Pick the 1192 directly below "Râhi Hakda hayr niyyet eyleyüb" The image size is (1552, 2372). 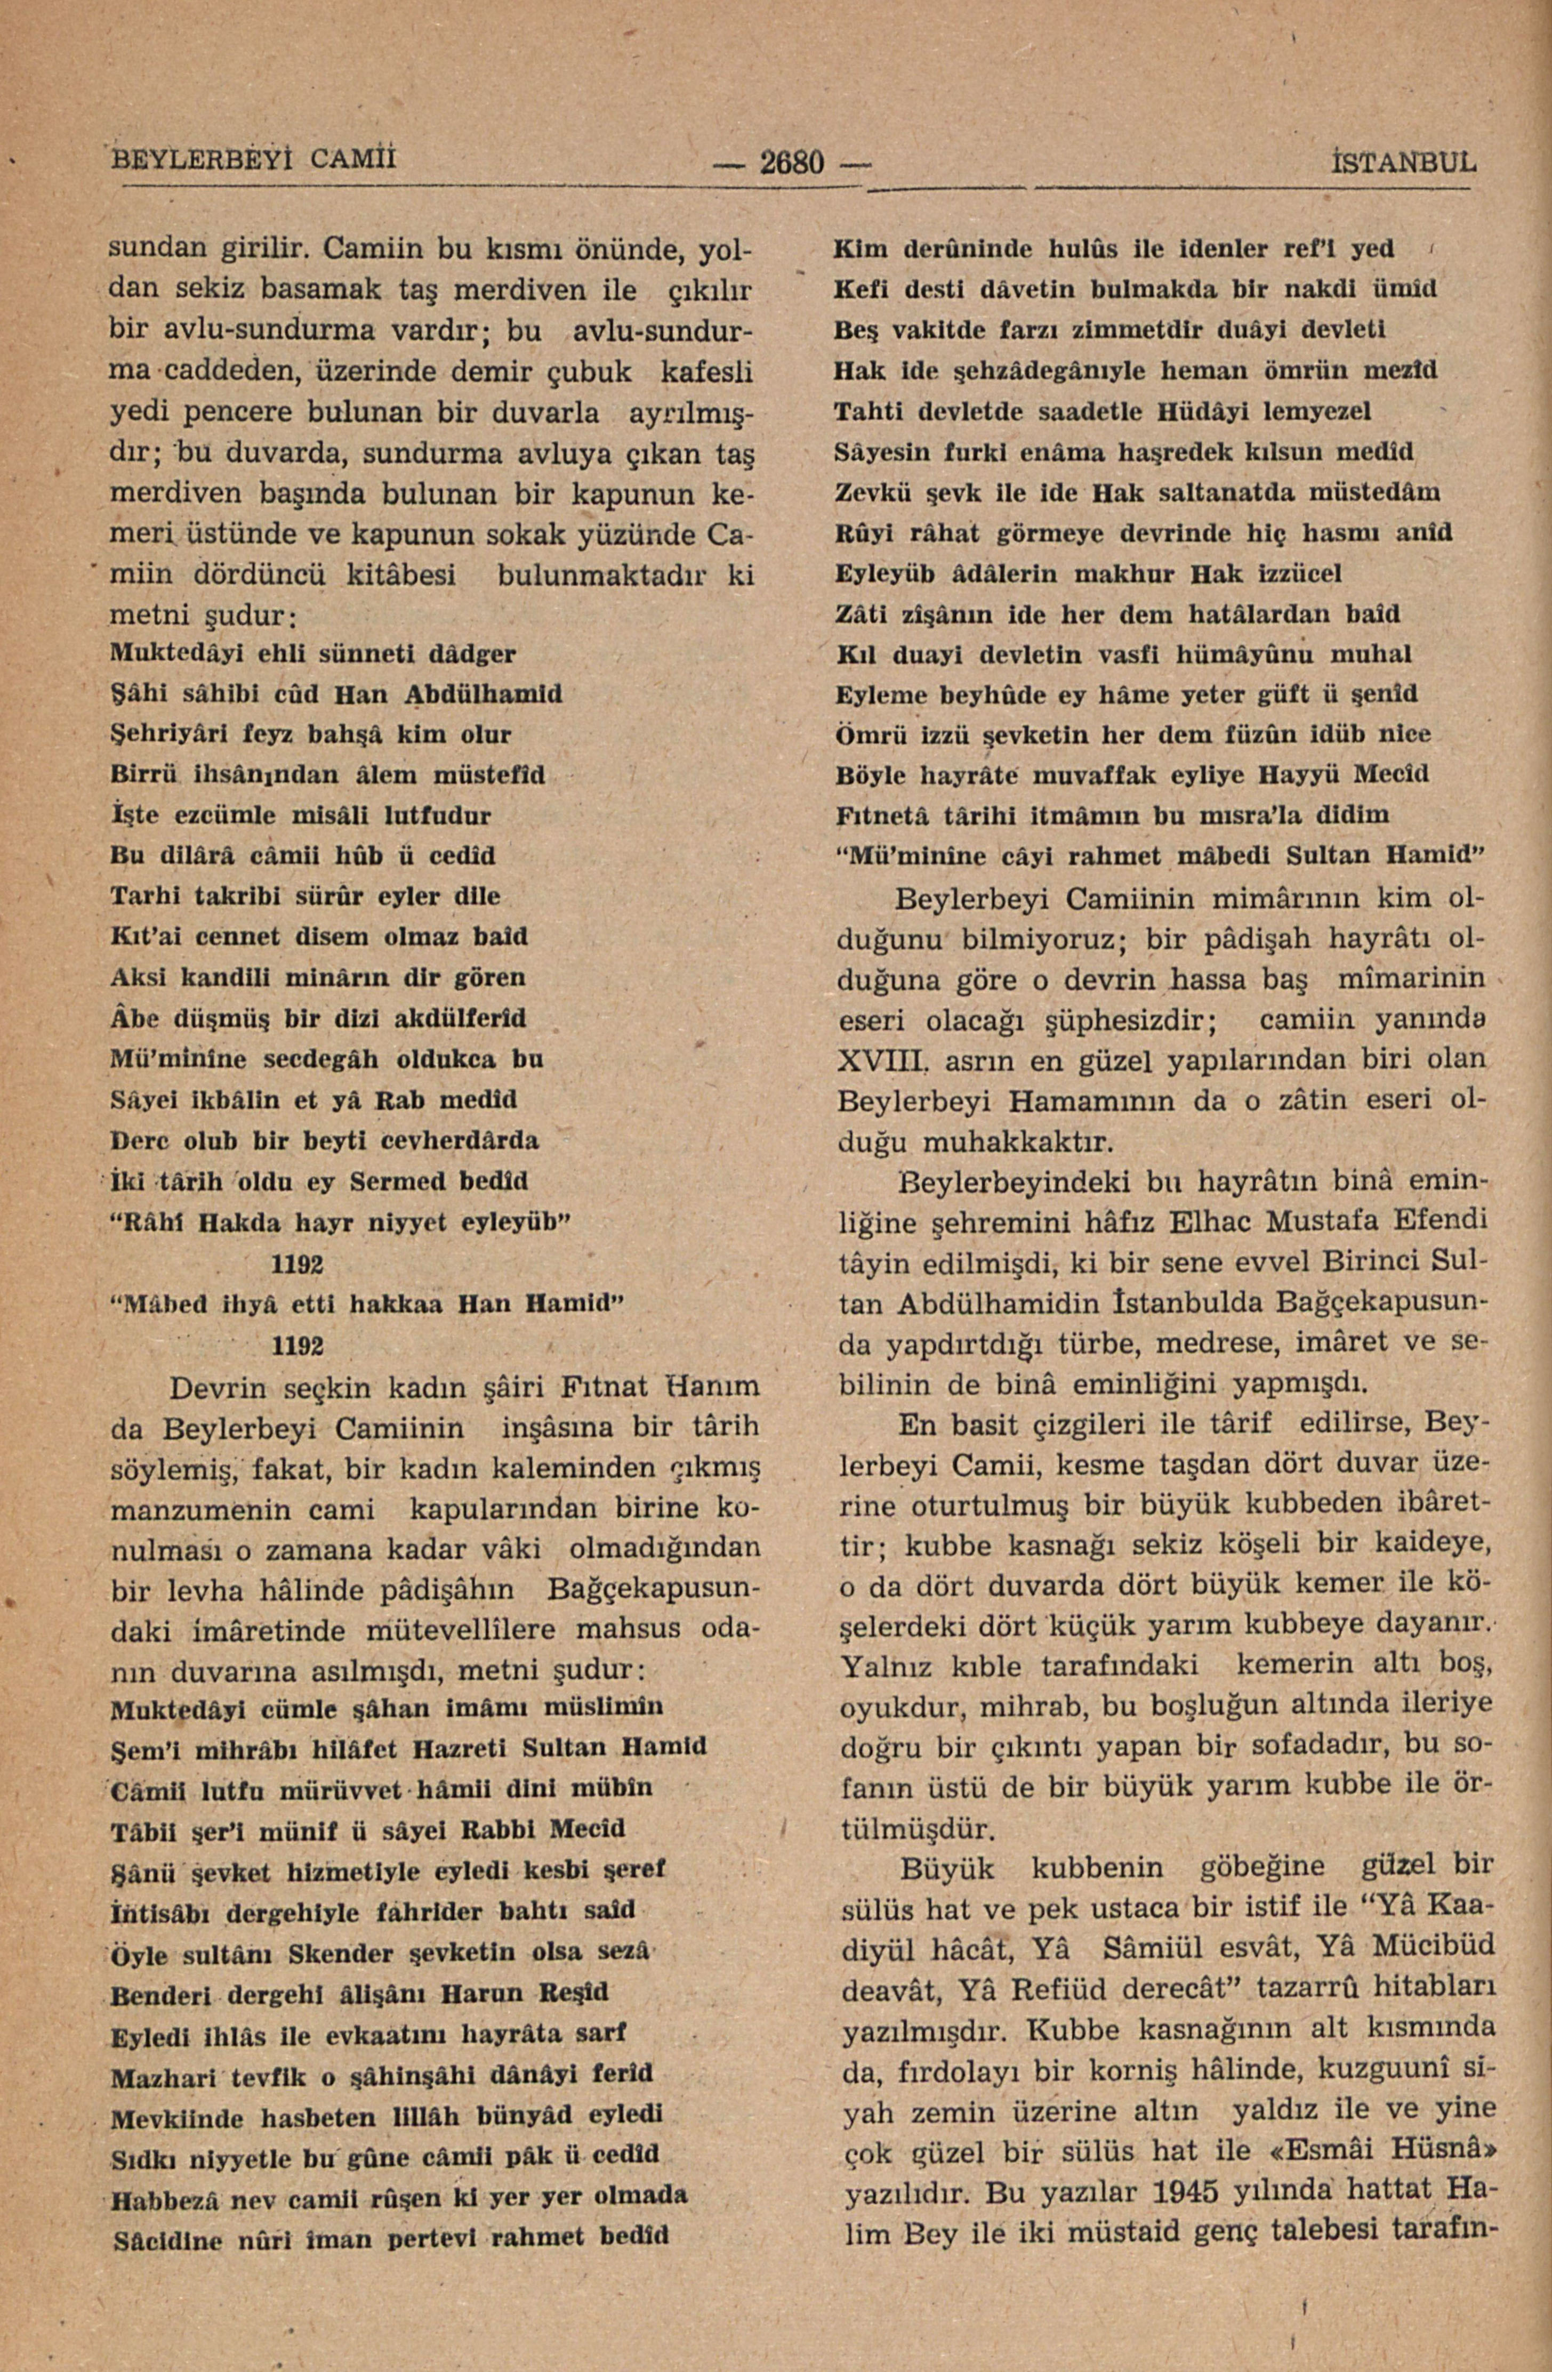pyautogui.click(x=297, y=1263)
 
